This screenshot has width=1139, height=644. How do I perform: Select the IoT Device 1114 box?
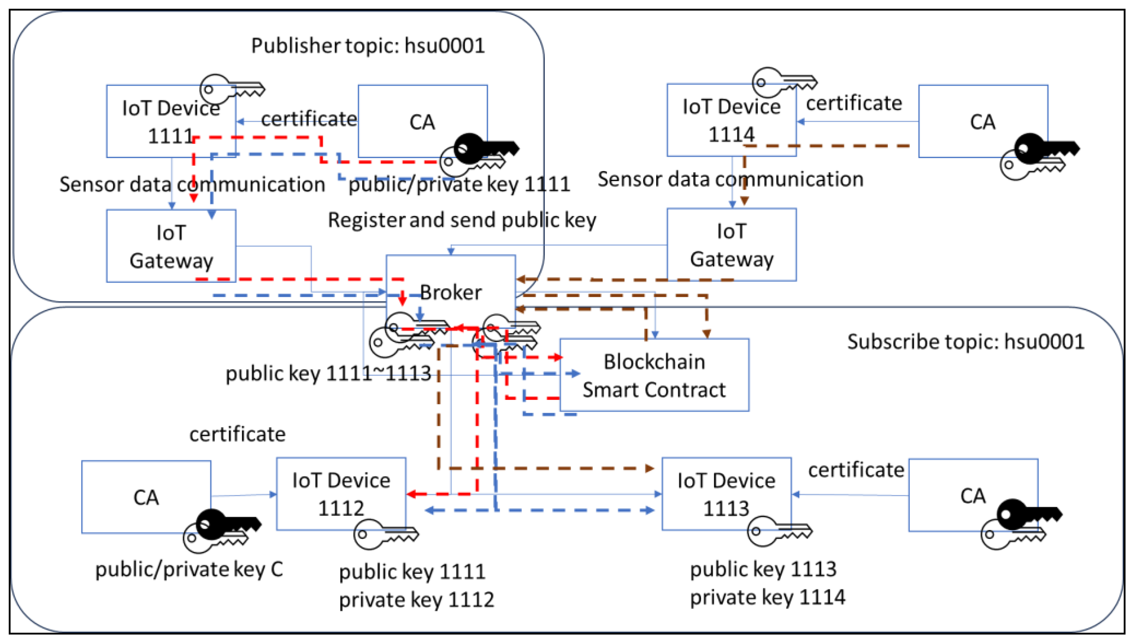tap(731, 120)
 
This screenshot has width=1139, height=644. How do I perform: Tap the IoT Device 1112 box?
tap(341, 494)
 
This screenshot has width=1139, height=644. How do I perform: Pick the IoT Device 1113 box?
tap(726, 494)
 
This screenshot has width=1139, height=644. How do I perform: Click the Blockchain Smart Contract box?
tap(654, 376)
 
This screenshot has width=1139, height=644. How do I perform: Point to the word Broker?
tap(450, 292)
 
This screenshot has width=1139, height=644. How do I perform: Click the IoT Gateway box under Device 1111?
tap(171, 246)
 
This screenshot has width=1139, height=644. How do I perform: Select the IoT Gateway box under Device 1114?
tap(731, 245)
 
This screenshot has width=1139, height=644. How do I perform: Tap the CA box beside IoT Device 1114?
tap(982, 122)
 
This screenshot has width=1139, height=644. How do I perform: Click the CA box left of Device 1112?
tap(146, 497)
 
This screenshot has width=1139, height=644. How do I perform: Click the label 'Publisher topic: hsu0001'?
tap(368, 46)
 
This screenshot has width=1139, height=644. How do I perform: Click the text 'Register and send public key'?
tap(462, 220)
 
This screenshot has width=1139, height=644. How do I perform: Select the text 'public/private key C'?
tap(189, 569)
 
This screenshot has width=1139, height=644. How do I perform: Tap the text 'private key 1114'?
tap(767, 597)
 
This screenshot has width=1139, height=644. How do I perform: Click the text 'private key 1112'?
tap(416, 600)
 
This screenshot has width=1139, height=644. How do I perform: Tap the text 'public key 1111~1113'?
tap(328, 374)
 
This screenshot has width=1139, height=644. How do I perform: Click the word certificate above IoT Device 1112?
tap(237, 434)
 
